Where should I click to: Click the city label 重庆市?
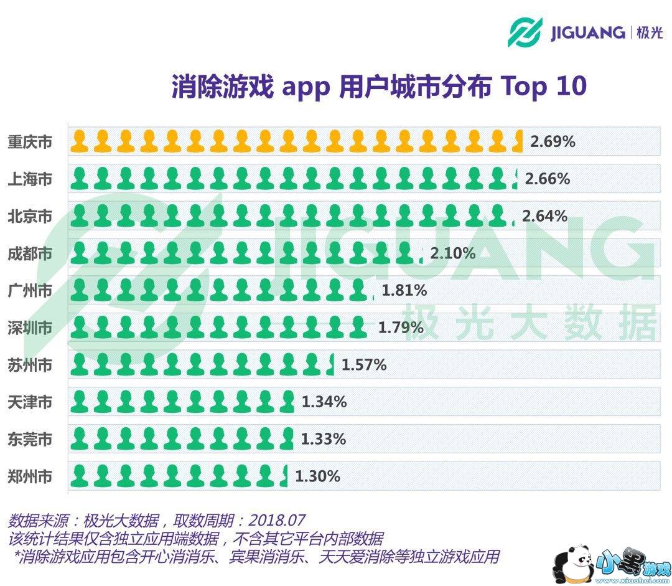(30, 142)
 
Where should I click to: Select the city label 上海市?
(30, 179)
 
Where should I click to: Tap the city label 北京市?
(30, 217)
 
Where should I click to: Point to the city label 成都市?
(30, 253)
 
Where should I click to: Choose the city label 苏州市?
(30, 365)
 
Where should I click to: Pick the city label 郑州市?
(30, 477)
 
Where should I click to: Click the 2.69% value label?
(553, 142)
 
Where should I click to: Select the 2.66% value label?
(548, 179)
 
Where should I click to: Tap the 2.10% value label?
(453, 253)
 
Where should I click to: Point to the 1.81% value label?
(404, 290)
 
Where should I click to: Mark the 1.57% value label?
(364, 365)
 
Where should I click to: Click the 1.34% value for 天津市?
(324, 402)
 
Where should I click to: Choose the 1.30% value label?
(317, 477)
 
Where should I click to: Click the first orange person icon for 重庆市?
(79, 141)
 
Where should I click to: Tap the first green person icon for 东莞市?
(79, 439)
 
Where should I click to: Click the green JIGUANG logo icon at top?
(525, 32)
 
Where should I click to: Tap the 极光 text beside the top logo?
(650, 32)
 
